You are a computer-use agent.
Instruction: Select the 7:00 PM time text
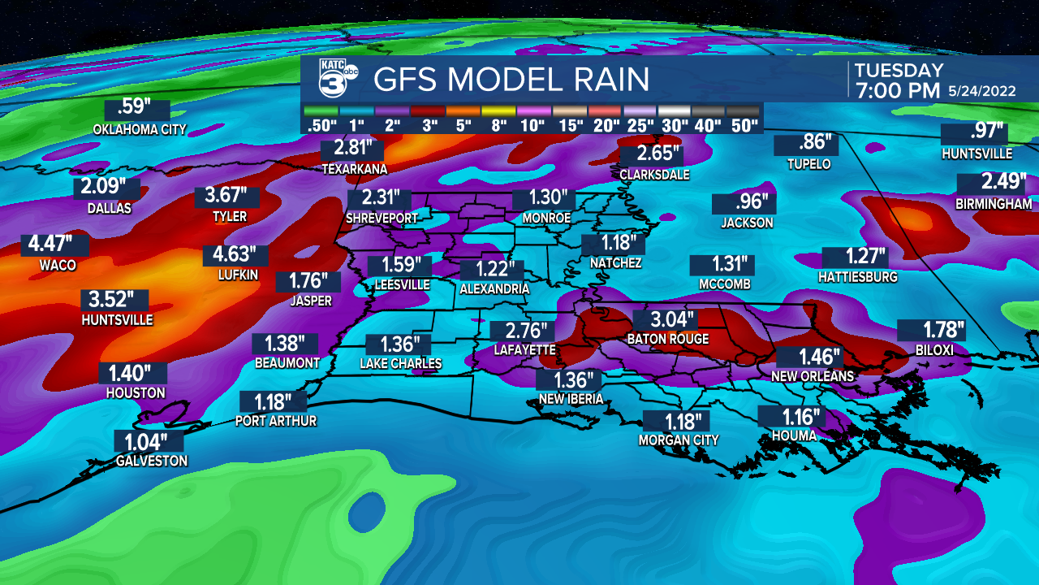pyautogui.click(x=896, y=90)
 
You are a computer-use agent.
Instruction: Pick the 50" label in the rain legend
pyautogui.click(x=744, y=125)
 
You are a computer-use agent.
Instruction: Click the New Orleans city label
pyautogui.click(x=813, y=376)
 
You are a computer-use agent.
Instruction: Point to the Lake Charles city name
pyautogui.click(x=401, y=364)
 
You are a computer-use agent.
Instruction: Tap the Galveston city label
pyautogui.click(x=151, y=461)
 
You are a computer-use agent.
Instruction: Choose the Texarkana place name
pyautogui.click(x=355, y=169)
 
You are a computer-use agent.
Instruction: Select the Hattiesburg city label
pyautogui.click(x=859, y=277)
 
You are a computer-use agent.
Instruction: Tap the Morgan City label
pyautogui.click(x=679, y=440)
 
